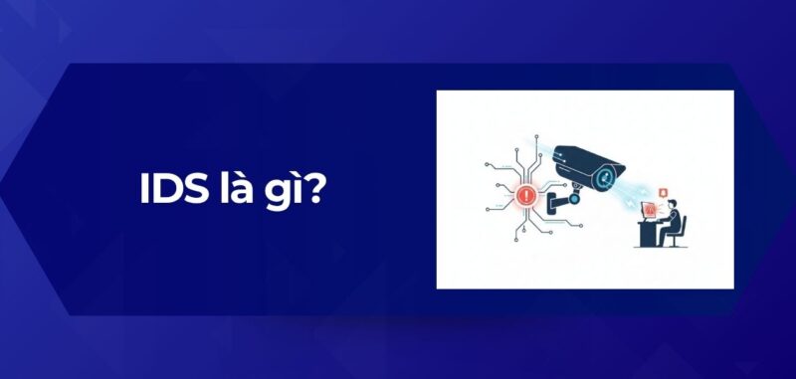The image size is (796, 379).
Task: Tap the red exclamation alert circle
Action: point(526,194)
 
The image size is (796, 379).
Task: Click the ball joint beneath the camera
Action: point(574,195)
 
